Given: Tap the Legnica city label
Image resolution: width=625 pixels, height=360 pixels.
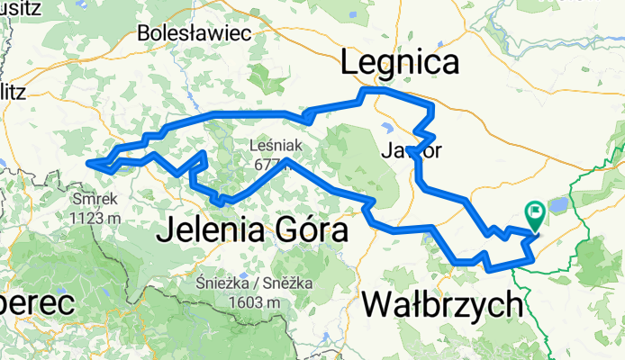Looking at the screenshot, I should pyautogui.click(x=400, y=63).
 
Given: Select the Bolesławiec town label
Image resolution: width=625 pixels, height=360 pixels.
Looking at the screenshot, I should pyautogui.click(x=194, y=33).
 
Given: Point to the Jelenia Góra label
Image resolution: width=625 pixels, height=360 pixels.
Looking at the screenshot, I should pyautogui.click(x=251, y=231).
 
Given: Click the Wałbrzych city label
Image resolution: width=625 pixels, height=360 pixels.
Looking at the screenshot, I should pyautogui.click(x=444, y=305).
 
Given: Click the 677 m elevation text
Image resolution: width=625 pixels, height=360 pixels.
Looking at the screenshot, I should pyautogui.click(x=278, y=163).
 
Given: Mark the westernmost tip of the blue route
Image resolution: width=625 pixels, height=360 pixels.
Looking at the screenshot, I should pyautogui.click(x=87, y=163).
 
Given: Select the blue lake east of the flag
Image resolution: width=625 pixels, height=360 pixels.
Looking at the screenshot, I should pyautogui.click(x=559, y=205).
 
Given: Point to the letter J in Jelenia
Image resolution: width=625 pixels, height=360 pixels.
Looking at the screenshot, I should pyautogui.click(x=162, y=231).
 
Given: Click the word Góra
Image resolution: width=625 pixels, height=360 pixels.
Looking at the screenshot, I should pyautogui.click(x=309, y=231).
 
